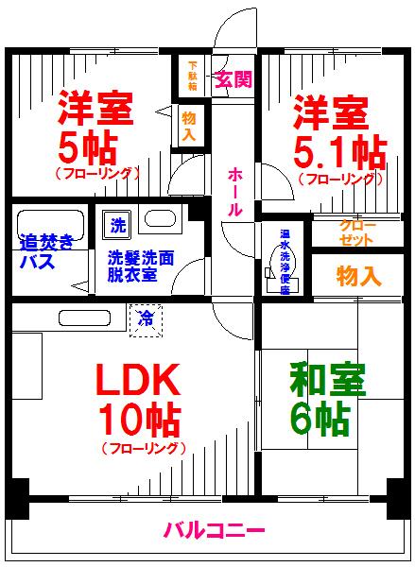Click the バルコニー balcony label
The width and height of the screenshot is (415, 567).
[x=212, y=530]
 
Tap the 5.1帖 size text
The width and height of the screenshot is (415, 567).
[x=338, y=150]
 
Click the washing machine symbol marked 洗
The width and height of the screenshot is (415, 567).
[x=117, y=227]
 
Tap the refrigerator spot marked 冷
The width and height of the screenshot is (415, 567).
[x=147, y=316]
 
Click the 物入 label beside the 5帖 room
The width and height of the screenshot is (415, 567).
[x=189, y=126]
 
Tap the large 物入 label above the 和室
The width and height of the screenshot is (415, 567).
[x=359, y=276]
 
